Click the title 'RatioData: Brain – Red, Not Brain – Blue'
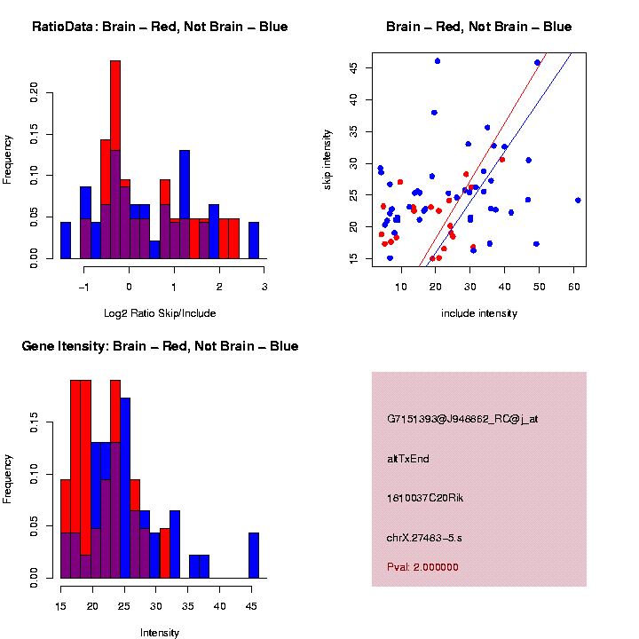click(160, 27)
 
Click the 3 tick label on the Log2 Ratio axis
click(264, 287)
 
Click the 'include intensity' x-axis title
click(479, 313)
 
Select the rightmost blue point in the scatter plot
click(578, 201)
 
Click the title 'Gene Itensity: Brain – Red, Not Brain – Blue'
click(160, 346)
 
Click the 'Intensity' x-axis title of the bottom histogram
click(160, 633)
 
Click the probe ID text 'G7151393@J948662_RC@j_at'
click(462, 419)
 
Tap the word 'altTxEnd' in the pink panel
click(408, 459)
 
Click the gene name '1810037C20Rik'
click(425, 498)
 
